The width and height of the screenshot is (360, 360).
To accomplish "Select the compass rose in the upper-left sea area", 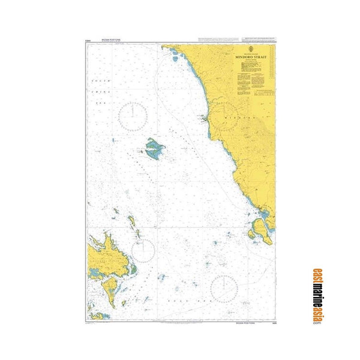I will coord(133,115).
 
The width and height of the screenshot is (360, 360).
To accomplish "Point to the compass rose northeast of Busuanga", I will coord(142,251).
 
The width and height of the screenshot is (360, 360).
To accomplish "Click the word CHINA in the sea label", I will coord(98,91).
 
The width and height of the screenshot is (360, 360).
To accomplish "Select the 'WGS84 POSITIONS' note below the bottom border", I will coord(248,323).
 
